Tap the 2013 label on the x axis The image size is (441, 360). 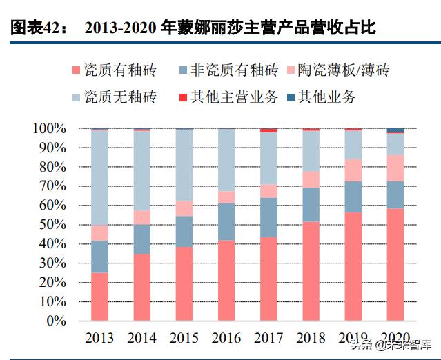click(x=100, y=339)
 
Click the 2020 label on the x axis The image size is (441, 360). click(x=395, y=339)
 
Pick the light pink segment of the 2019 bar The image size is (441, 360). click(x=353, y=170)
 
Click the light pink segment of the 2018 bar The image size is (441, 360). click(x=311, y=179)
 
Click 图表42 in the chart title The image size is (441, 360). click(x=37, y=29)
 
